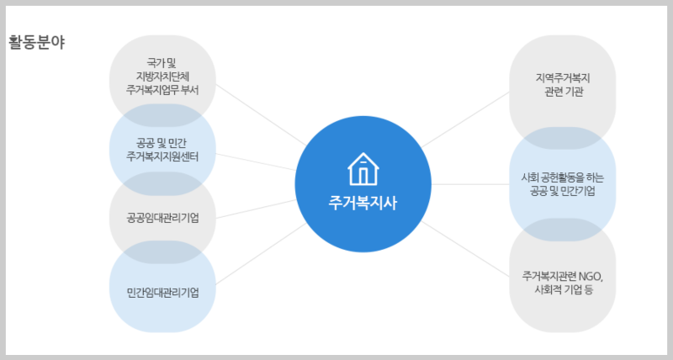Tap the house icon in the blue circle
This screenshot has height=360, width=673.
(x=363, y=168)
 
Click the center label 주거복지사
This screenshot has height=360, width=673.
(x=363, y=203)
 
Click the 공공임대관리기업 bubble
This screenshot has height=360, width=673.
(x=162, y=219)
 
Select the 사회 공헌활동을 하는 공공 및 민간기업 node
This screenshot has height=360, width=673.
(x=563, y=184)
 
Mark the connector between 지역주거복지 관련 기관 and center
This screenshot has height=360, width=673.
(x=468, y=119)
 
